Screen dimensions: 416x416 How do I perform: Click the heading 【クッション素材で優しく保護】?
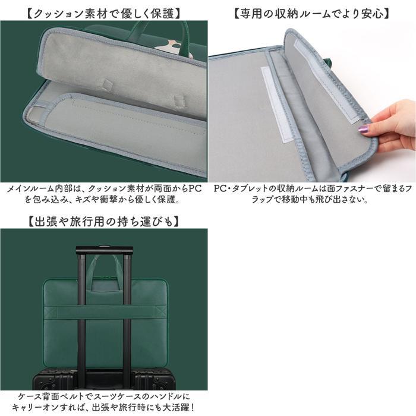[104, 14]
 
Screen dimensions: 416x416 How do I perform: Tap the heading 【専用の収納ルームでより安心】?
[312, 14]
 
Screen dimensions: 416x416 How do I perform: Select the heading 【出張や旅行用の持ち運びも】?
[104, 222]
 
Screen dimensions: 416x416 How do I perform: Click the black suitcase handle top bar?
[105, 250]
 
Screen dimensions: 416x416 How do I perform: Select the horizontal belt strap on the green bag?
[105, 311]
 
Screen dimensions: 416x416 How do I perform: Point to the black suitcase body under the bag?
[104, 379]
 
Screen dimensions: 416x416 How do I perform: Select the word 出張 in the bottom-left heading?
[43, 222]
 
